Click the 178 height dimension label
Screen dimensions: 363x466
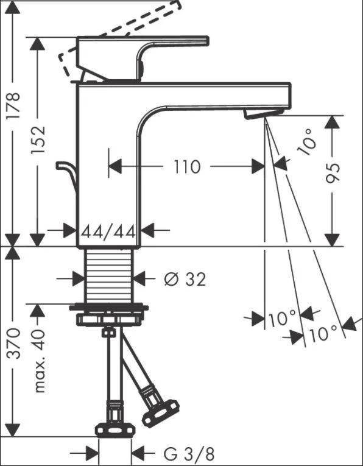tap(13, 106)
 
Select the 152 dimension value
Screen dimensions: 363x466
tap(38, 139)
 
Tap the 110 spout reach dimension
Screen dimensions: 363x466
tap(187, 167)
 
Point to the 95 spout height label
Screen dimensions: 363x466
tap(333, 172)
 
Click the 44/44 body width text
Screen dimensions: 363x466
tap(109, 231)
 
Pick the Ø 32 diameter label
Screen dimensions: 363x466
tap(185, 280)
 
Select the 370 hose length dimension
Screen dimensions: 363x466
tap(13, 344)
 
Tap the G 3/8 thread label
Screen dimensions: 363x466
tap(189, 454)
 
